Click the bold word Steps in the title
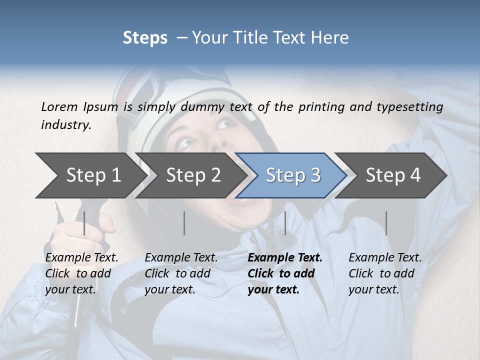coord(145,38)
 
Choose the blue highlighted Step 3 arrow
coord(292,175)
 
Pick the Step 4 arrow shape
coord(393,175)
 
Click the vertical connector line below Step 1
coord(84,223)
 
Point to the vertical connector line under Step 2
coord(184,223)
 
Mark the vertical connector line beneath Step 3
coord(285,223)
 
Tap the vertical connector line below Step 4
coord(386,223)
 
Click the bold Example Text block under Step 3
coord(285,273)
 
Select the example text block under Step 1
coord(81,273)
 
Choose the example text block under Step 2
coord(181,273)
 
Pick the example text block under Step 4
coord(385,273)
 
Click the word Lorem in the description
coord(59,106)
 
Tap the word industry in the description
coord(65,125)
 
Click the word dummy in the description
coord(205,106)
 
